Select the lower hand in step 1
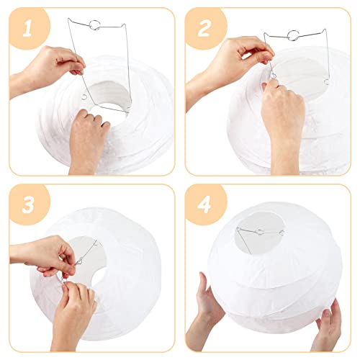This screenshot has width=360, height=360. (x=90, y=137)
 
